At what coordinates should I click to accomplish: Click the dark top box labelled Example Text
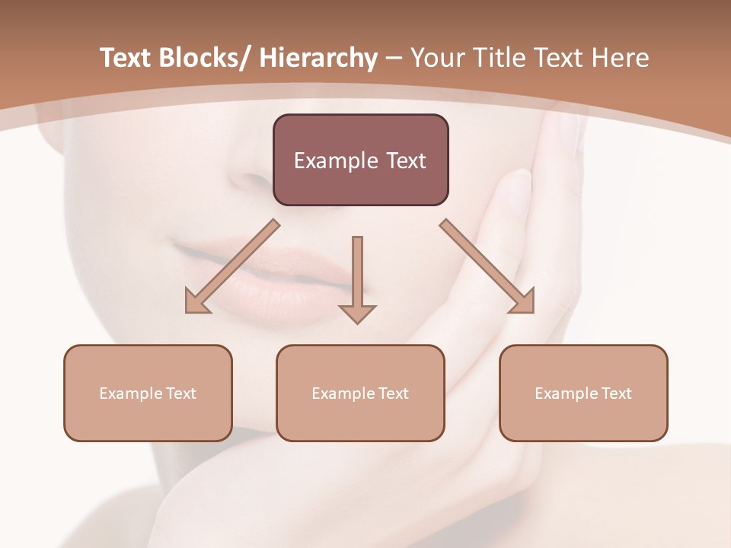coord(360,160)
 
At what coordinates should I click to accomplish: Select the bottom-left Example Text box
coord(148,393)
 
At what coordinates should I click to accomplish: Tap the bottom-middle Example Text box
coord(360,393)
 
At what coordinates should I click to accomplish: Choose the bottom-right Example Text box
coord(583,393)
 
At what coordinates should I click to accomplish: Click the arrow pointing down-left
coord(232,266)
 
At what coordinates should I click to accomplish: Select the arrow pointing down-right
coord(487,266)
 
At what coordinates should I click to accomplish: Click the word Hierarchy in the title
coord(318,58)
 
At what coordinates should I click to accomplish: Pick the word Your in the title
coord(436,58)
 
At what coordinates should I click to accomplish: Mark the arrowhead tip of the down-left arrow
coord(188,311)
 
